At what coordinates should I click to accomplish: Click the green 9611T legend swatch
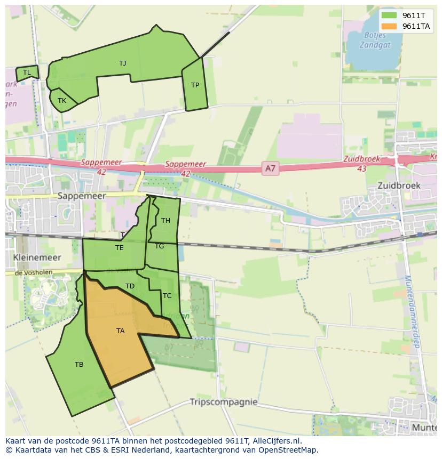point(389,15)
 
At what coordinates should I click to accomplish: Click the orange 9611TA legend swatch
point(389,26)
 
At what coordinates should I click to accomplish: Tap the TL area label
point(27,73)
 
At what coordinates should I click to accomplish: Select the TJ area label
point(123,63)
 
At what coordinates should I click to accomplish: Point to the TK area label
point(62,101)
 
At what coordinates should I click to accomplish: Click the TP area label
point(195,85)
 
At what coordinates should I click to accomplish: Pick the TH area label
point(165,221)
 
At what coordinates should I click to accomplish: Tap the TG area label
point(159,246)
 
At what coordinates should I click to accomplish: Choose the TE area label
point(119,248)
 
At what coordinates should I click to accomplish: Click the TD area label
point(130,286)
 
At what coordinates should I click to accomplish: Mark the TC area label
point(167,296)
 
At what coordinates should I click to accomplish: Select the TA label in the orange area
point(120,331)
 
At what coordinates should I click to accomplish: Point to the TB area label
point(79,365)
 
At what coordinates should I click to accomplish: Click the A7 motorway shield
point(271,169)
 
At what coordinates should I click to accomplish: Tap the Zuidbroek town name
point(399,186)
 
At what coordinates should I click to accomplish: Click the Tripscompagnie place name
point(224,402)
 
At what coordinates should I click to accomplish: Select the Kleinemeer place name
point(37,257)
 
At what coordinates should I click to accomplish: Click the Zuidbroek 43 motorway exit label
point(361,164)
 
